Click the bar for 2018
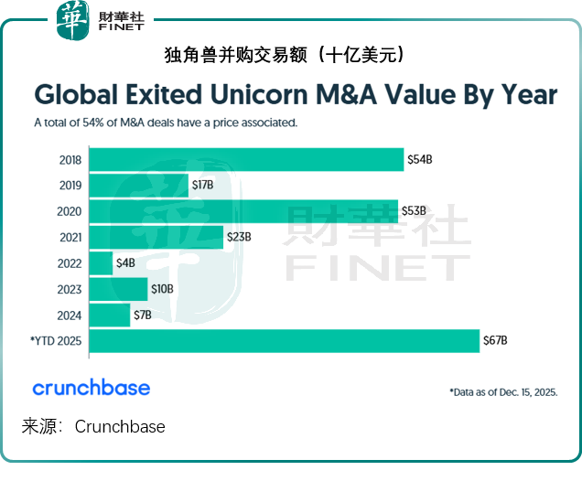(245, 159)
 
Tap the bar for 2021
(156, 238)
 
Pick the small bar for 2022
(101, 263)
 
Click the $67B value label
(495, 341)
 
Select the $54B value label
(419, 160)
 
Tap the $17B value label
(202, 186)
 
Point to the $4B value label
(125, 263)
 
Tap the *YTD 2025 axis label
(56, 341)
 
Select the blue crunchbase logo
(92, 388)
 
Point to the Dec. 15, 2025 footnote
(503, 391)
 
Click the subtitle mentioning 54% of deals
(165, 122)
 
